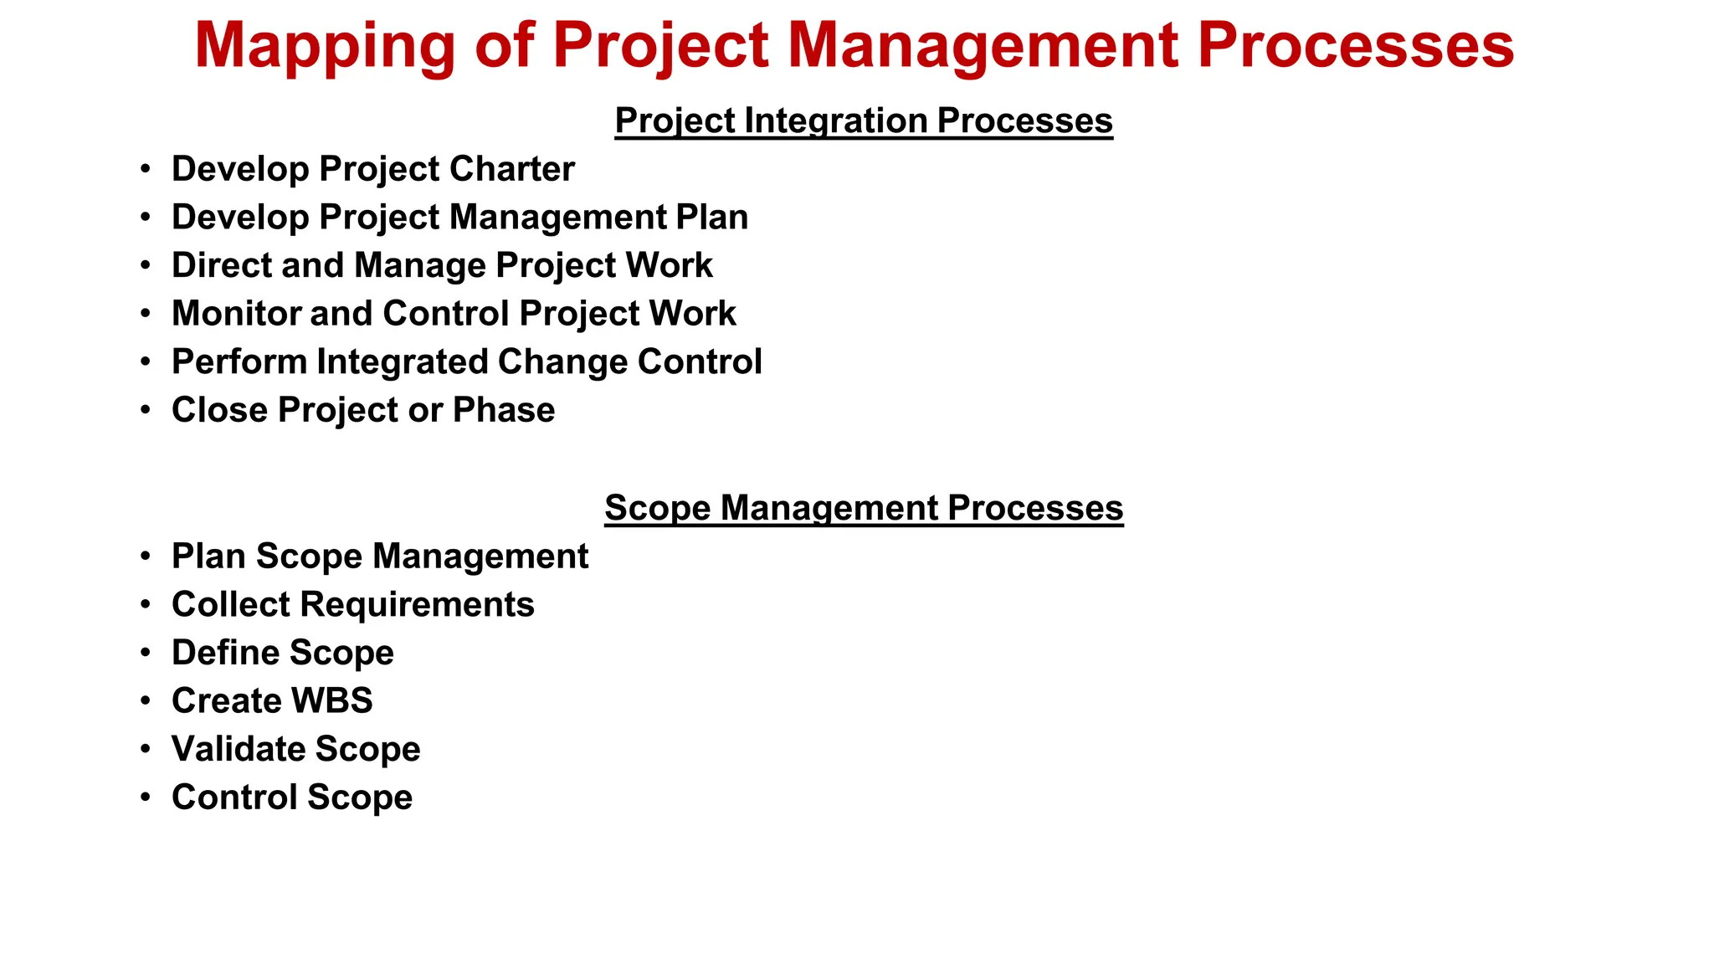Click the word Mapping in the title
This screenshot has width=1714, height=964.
click(x=325, y=46)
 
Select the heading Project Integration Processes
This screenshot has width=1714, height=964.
click(x=863, y=120)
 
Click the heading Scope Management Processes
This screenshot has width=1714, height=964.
click(x=863, y=508)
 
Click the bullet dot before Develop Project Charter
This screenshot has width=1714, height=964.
click(x=146, y=169)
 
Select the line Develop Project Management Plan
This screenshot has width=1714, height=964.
click(x=459, y=218)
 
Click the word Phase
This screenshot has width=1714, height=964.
click(x=503, y=410)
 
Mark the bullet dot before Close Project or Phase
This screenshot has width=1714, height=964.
click(x=146, y=410)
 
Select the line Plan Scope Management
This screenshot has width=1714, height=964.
click(x=379, y=556)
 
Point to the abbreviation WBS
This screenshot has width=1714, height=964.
click(x=332, y=701)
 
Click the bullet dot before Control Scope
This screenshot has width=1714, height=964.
click(x=146, y=797)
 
